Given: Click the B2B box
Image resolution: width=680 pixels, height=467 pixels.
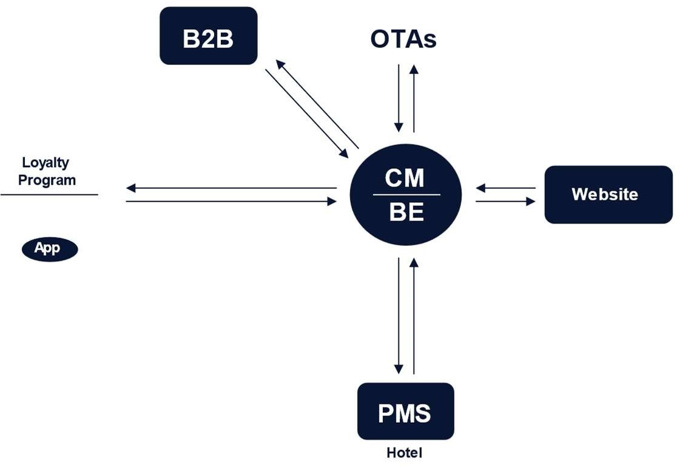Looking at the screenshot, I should click(208, 36).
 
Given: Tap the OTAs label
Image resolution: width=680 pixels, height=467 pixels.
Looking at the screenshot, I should click(403, 39).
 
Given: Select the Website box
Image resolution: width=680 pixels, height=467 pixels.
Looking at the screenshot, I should click(608, 194).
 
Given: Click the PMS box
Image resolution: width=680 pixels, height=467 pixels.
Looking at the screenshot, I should click(405, 412).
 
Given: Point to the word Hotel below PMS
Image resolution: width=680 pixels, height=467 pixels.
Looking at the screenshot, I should click(404, 453).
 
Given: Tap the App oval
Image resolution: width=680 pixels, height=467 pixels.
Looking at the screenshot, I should click(50, 248).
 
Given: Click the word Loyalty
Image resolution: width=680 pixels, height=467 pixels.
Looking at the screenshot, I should click(45, 163).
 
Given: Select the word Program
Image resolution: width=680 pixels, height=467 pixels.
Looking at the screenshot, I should click(47, 180).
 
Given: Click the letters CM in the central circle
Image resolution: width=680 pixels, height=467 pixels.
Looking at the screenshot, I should click(405, 179).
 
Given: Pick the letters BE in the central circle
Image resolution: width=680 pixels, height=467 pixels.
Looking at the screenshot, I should click(406, 213).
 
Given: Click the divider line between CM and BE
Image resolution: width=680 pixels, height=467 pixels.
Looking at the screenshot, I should click(406, 195).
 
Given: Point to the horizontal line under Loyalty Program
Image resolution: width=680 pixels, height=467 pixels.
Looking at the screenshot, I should click(49, 194).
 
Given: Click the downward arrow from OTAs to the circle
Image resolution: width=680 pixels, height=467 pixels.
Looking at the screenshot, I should click(399, 97).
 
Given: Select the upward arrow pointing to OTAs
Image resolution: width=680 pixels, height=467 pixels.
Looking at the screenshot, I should click(414, 97).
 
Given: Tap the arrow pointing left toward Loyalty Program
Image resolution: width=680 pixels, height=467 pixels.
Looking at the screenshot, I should click(231, 188).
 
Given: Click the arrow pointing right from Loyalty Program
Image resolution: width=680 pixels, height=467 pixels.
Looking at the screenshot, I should click(231, 201).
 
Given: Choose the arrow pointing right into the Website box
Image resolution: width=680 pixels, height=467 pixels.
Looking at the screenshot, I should click(505, 201).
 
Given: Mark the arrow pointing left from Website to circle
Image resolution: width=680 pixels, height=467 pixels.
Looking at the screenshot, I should click(505, 188).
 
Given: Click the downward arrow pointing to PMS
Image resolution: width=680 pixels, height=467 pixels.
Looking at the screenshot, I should click(399, 316).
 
